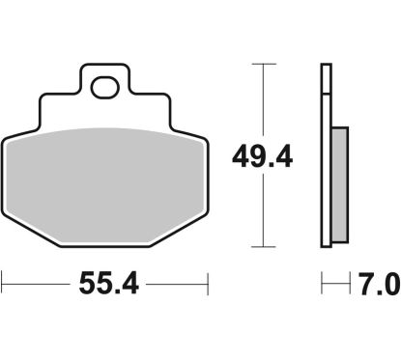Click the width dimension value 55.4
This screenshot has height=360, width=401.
pyautogui.click(x=104, y=286)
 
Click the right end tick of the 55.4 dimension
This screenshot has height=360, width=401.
pyautogui.click(x=208, y=286)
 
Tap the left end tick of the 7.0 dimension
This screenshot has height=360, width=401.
pyautogui.click(x=322, y=286)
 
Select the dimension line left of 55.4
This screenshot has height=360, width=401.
pyautogui.click(x=34, y=286)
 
